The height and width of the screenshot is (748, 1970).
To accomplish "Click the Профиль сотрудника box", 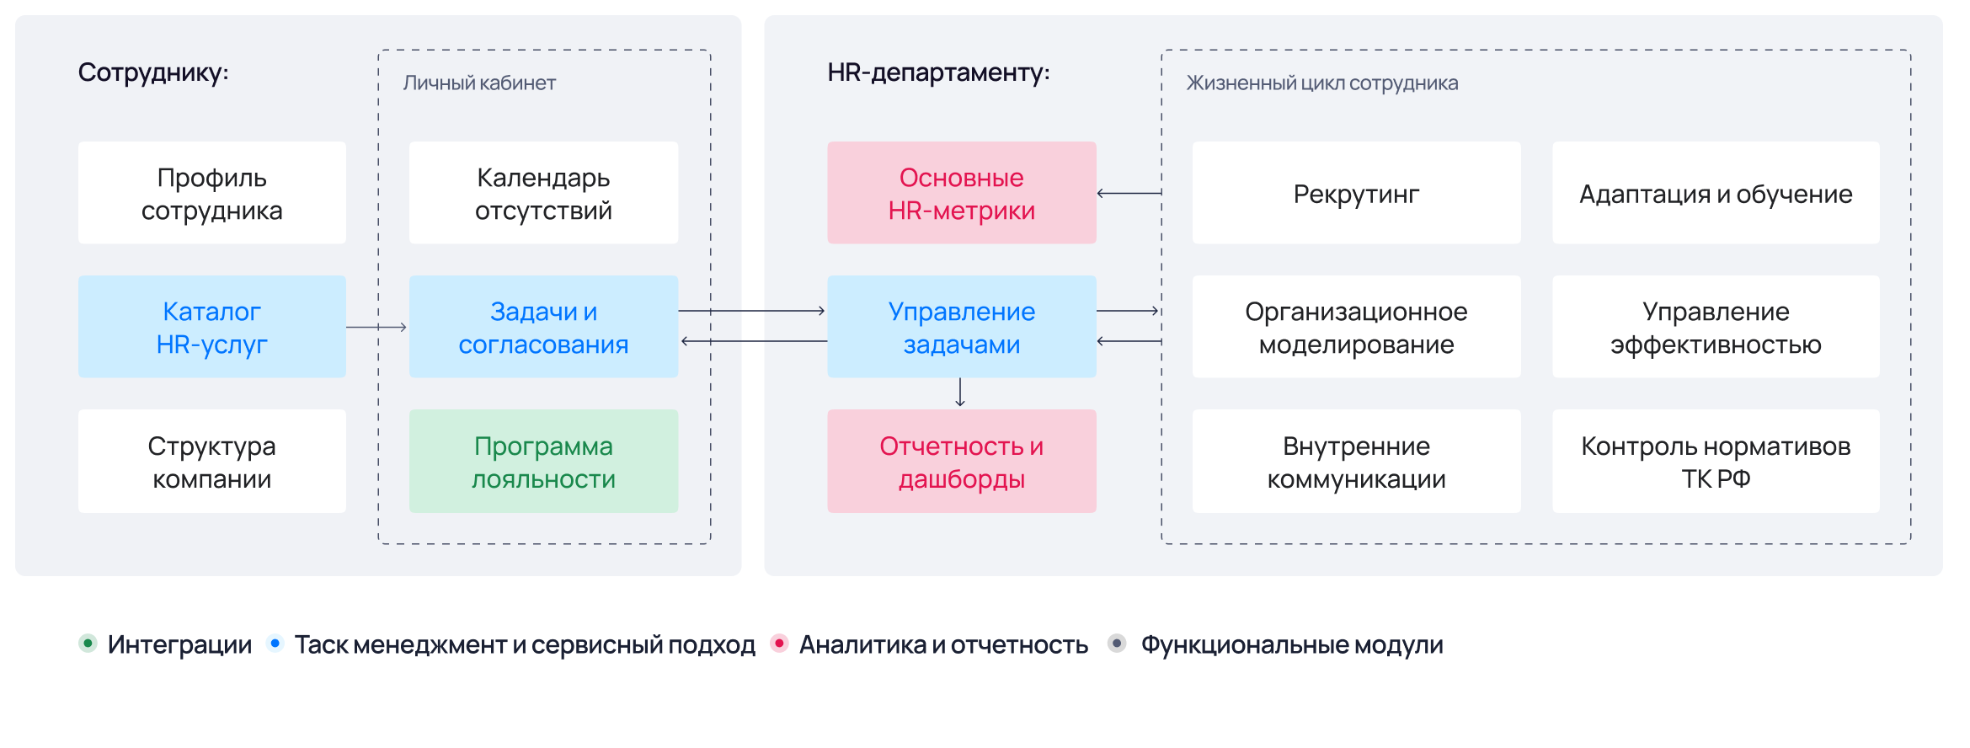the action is pos(212,193).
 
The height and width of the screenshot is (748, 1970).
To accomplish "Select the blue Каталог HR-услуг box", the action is pos(212,327).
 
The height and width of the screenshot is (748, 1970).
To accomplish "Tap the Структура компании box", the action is pos(212,462).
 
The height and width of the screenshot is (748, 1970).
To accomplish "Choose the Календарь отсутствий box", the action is pos(543,193).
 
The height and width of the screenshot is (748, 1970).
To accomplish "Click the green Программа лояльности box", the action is pos(543,462).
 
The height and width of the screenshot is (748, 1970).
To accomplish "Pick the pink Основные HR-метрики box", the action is pos(962,193).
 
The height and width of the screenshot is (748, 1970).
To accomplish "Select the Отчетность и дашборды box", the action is pos(962,462).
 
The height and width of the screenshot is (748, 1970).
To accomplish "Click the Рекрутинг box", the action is pos(1357,193).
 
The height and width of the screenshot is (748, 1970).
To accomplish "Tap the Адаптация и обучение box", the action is pos(1716,193).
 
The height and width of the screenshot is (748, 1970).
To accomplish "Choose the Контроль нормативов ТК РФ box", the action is pos(1716,462).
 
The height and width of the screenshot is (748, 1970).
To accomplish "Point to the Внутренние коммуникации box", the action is pos(1357,462).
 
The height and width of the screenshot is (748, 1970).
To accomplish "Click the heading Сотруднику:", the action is pos(153,72).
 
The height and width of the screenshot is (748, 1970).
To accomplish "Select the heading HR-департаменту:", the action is pos(939,72).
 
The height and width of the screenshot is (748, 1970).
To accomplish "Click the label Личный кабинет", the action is pos(479,83).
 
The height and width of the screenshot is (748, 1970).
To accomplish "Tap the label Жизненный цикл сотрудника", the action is pos(1322,83).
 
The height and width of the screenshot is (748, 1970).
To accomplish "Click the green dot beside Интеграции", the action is pos(88,644).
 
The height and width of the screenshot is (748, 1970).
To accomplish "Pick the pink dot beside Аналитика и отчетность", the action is pos(780,644).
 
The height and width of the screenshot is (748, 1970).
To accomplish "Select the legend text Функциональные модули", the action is pos(1292,644).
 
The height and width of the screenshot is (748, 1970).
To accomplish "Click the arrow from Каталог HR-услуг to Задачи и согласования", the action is pos(376,327).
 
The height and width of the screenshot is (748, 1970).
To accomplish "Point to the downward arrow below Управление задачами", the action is pos(960,393).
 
